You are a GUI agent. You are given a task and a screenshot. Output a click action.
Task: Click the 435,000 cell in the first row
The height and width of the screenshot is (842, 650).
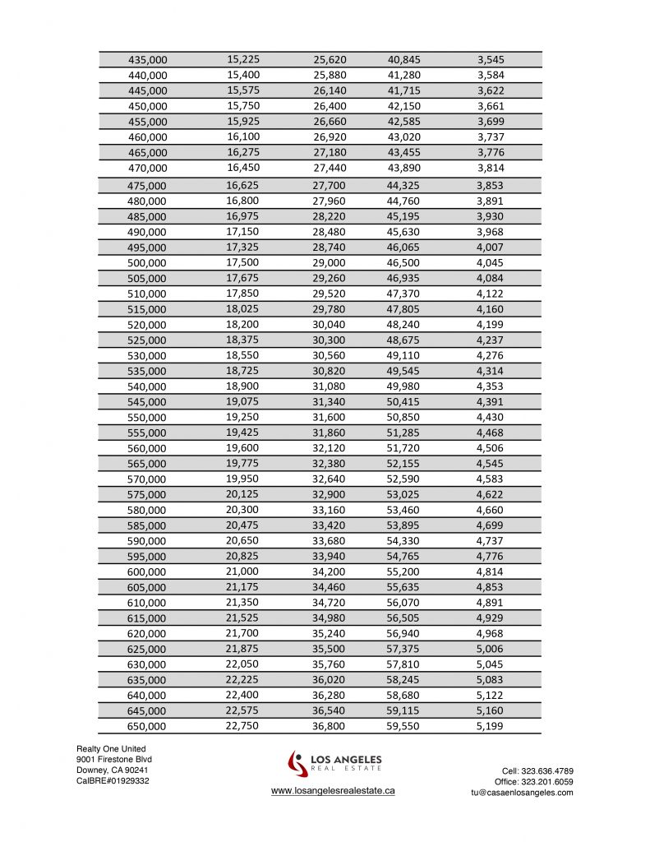(x=148, y=60)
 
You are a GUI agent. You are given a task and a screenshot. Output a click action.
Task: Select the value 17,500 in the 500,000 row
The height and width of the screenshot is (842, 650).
(x=243, y=262)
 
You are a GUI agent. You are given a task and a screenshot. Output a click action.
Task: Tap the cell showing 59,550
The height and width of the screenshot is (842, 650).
(x=403, y=726)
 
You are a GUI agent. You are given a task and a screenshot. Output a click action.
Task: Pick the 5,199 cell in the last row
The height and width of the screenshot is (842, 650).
(x=491, y=726)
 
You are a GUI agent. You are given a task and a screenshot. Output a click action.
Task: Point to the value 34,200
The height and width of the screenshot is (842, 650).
(x=330, y=571)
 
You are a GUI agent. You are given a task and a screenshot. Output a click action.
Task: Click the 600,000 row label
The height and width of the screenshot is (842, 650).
(x=147, y=572)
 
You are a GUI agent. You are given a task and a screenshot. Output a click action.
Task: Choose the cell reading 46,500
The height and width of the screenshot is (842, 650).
(x=403, y=263)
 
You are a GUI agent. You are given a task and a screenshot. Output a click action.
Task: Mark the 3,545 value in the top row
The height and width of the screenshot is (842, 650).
(x=491, y=60)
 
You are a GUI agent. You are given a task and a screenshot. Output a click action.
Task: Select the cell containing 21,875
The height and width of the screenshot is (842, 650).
(x=243, y=648)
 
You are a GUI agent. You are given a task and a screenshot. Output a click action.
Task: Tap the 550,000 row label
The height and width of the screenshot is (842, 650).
(x=147, y=418)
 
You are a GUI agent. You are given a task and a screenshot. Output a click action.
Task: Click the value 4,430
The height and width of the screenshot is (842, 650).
(x=491, y=418)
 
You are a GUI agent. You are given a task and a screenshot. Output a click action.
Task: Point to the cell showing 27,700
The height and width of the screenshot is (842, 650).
(x=330, y=186)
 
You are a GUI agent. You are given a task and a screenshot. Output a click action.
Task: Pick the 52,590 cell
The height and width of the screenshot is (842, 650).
(x=403, y=479)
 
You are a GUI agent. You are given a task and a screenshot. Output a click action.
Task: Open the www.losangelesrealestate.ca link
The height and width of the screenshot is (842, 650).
(x=333, y=790)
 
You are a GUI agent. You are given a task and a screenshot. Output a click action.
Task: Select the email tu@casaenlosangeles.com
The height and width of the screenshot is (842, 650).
(x=522, y=792)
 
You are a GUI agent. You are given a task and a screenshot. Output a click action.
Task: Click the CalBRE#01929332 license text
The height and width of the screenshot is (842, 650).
(x=113, y=780)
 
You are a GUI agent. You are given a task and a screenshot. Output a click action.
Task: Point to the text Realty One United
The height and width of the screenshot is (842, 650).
(x=111, y=749)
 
